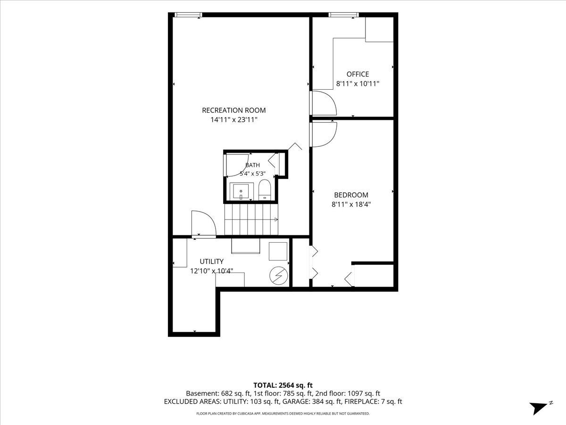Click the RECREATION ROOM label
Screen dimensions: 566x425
[x=233, y=110]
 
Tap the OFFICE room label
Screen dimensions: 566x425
[x=358, y=74]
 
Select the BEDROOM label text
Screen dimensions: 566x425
[x=351, y=195]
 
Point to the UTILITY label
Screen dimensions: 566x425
[x=211, y=262]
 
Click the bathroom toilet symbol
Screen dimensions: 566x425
[x=264, y=190]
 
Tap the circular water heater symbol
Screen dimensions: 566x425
[x=278, y=276]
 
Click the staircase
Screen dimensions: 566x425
[x=251, y=219]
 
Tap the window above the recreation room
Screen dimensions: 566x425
[x=188, y=15]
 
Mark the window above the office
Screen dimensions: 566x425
[x=343, y=15]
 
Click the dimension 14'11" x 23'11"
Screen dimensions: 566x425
[x=234, y=120]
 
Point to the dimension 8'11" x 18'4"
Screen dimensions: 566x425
[x=351, y=204]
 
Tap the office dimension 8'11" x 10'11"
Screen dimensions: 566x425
[x=358, y=84]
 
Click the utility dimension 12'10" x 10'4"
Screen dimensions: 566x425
[x=211, y=271]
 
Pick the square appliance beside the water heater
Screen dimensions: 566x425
[x=278, y=251]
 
